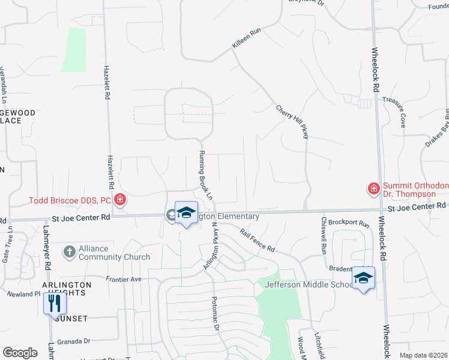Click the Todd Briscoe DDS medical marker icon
pyautogui.click(x=120, y=199)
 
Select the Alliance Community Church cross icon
pyautogui.click(x=70, y=252)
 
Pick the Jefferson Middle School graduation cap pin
pyautogui.click(x=363, y=277)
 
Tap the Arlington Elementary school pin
pyautogui.click(x=186, y=212)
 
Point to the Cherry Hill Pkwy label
pyautogui.click(x=292, y=122)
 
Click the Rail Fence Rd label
pyautogui.click(x=257, y=240)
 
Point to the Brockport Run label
pyautogui.click(x=348, y=223)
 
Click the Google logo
pyautogui.click(x=20, y=353)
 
